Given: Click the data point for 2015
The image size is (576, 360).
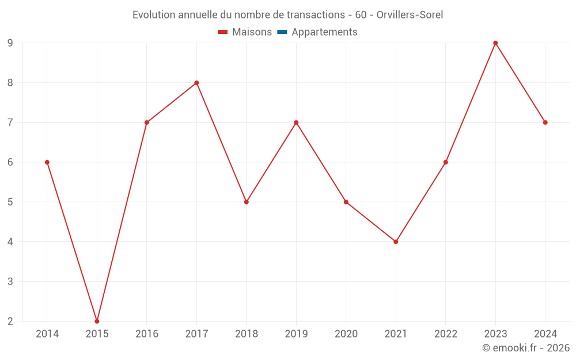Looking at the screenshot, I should (x=97, y=321).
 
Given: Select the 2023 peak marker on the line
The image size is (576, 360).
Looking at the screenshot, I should (x=495, y=43).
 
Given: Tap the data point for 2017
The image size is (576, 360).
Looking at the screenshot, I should (x=196, y=82).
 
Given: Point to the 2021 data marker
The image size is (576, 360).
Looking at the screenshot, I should (x=396, y=242).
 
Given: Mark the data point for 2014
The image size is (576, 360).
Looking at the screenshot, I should (x=47, y=162).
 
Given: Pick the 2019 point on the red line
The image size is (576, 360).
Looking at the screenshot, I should (x=296, y=123).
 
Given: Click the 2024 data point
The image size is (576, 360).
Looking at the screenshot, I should (x=545, y=123).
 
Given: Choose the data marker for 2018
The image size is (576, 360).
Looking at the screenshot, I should (x=247, y=202).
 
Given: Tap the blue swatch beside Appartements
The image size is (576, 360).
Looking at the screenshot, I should (x=282, y=32).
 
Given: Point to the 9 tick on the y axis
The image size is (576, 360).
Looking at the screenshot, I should (x=10, y=43).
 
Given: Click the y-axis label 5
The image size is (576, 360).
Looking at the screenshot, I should (x=10, y=202).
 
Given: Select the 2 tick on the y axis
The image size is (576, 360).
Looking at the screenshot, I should (x=10, y=321).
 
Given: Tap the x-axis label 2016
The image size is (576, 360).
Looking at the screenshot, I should (x=146, y=334).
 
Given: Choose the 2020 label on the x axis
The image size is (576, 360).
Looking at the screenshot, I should (x=346, y=334).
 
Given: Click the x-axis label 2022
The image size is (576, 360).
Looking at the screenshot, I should (x=446, y=334).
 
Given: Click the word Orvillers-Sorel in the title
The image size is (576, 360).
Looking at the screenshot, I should (x=410, y=15).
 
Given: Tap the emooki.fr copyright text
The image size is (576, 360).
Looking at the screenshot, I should (x=526, y=348).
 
